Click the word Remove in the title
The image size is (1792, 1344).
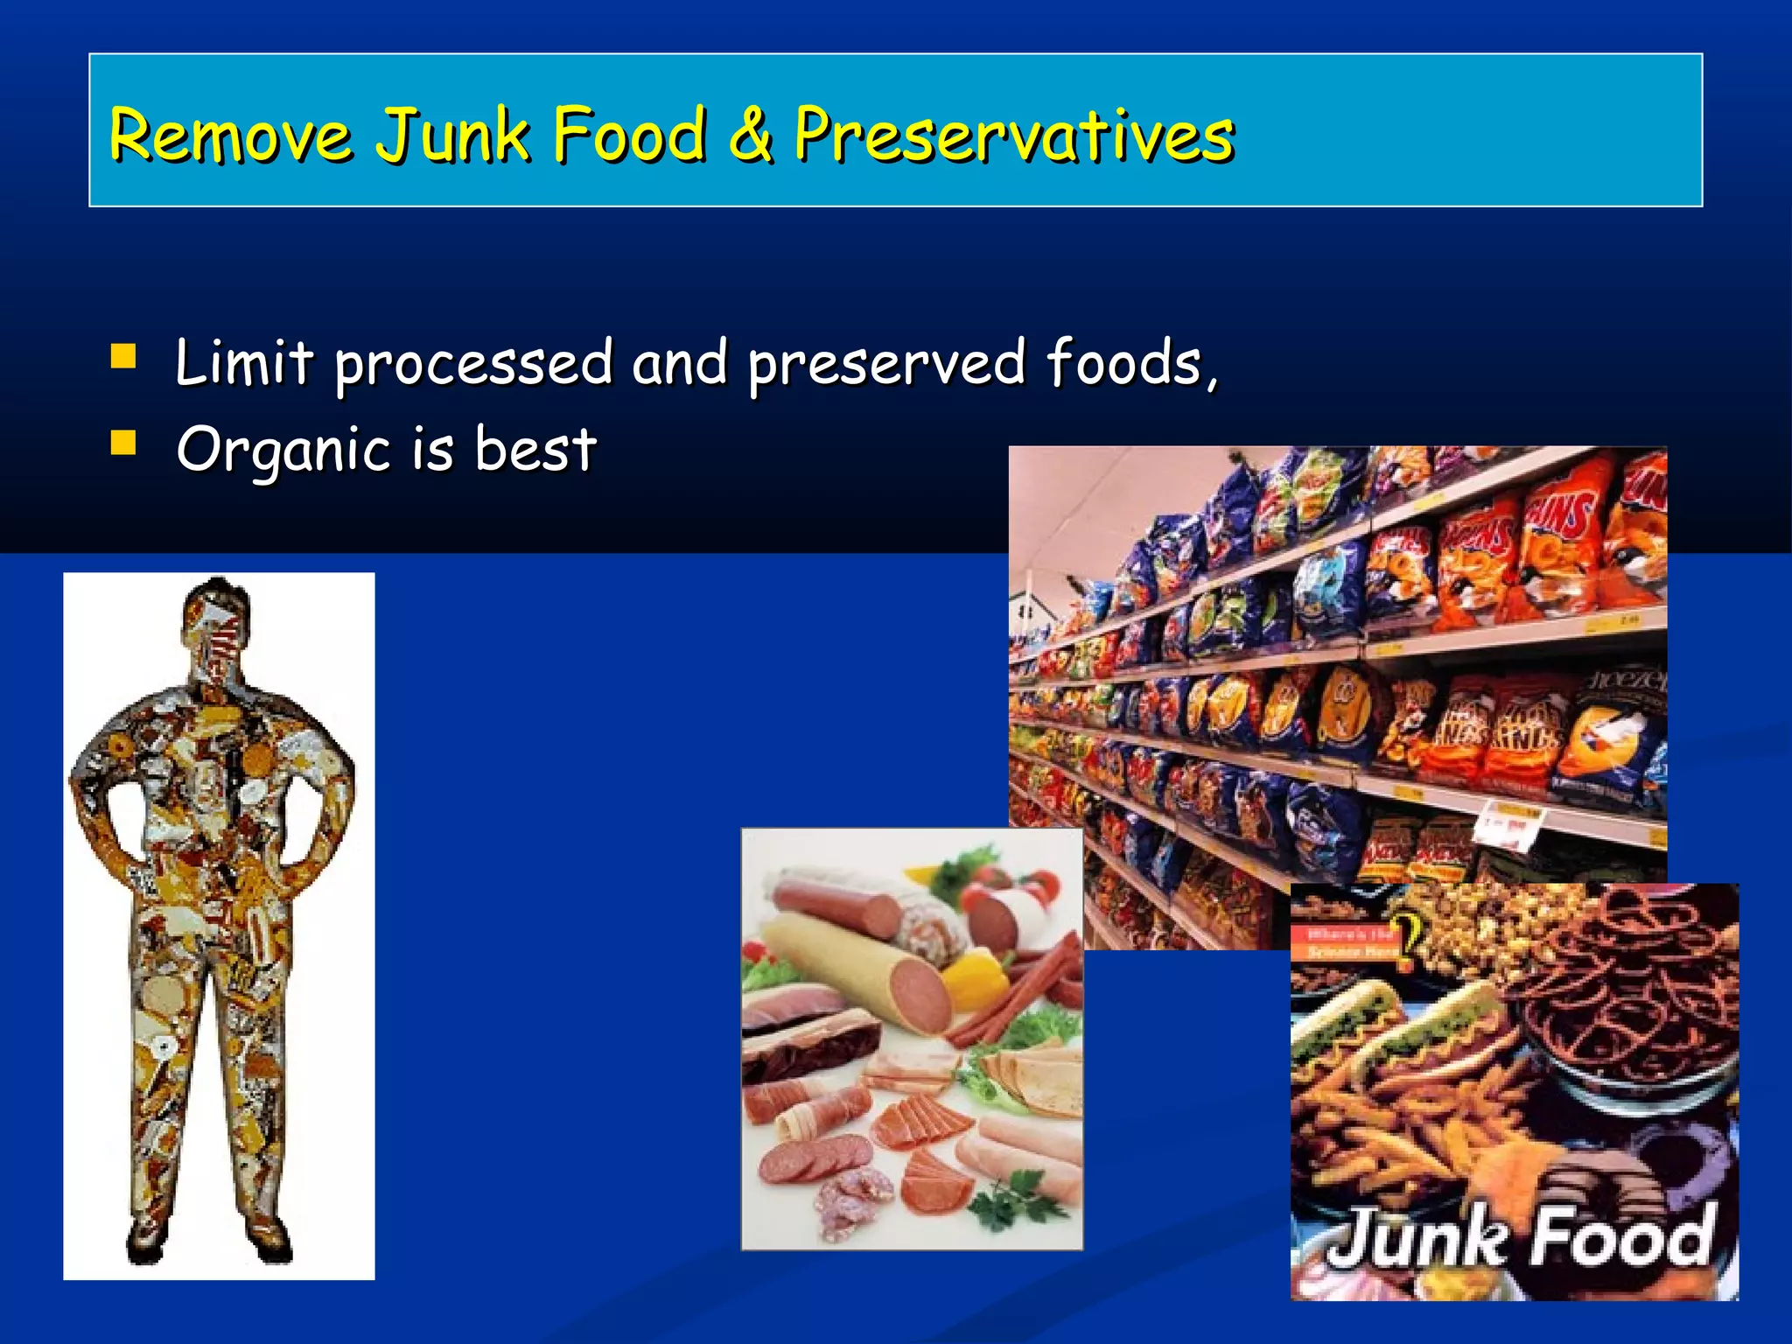tap(231, 136)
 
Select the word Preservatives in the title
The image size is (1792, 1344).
tap(1014, 136)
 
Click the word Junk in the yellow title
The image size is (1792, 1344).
tap(453, 136)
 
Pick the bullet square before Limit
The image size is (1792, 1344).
tap(123, 357)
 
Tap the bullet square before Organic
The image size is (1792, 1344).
tap(123, 443)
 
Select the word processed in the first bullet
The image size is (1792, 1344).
tap(473, 364)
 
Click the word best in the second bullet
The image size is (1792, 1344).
tap(535, 449)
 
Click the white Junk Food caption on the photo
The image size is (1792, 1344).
tap(1519, 1237)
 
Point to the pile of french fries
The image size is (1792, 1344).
tap(1391, 1129)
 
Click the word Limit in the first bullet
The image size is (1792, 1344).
tap(244, 362)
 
